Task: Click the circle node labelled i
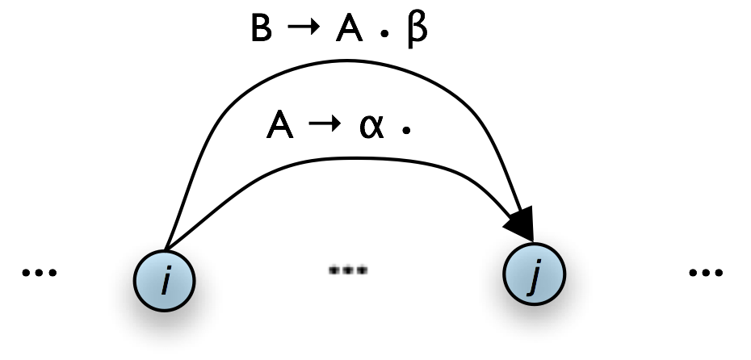[165, 278]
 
